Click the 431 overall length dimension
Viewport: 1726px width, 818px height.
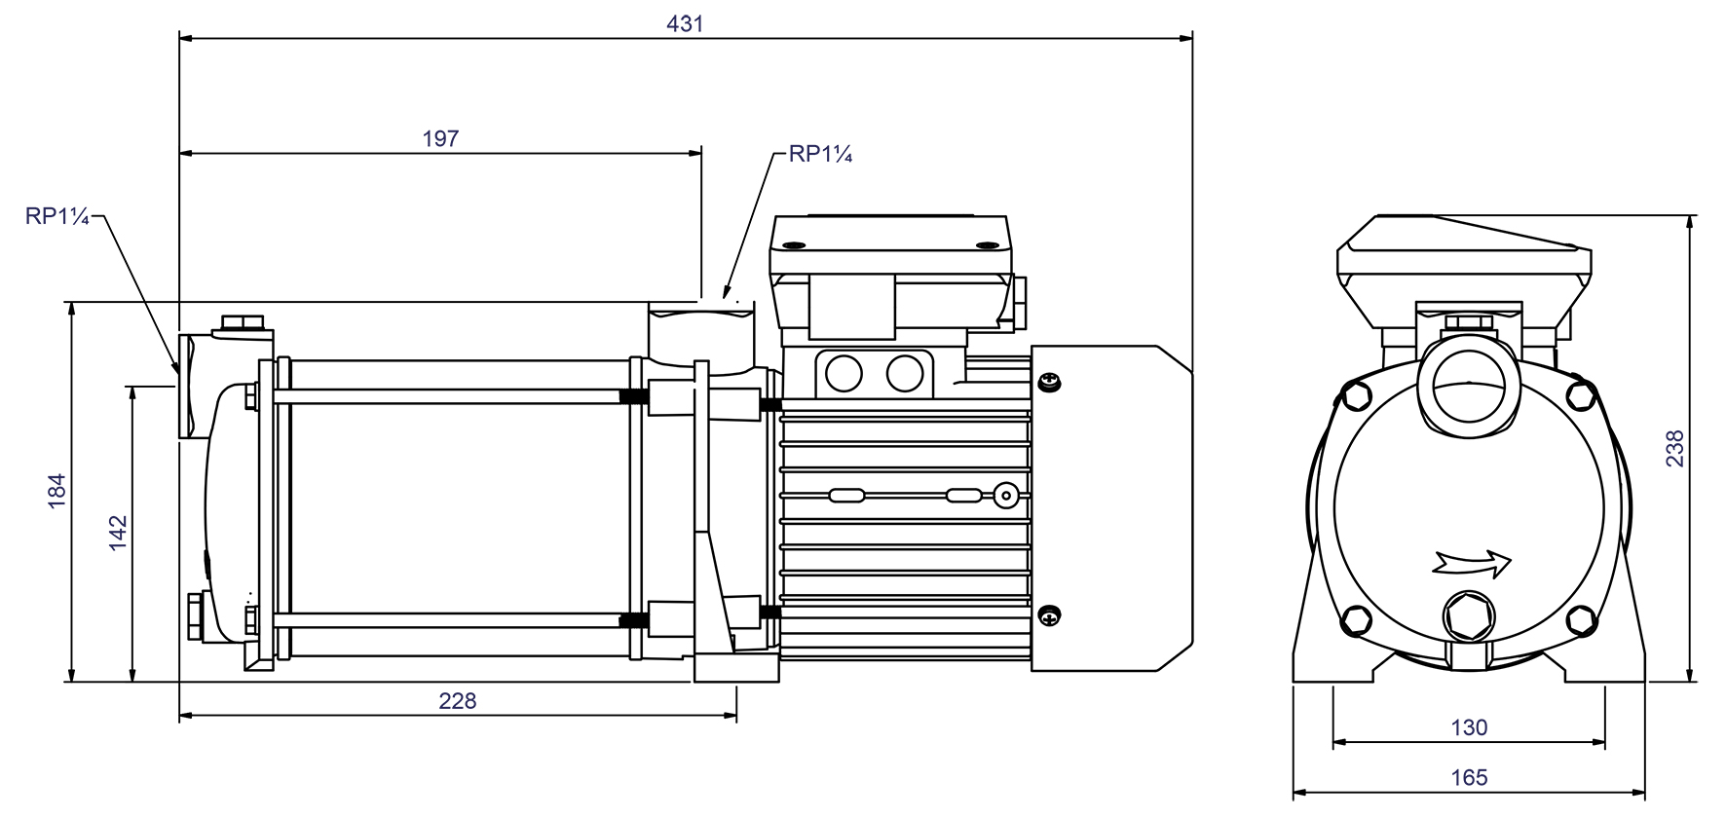pyautogui.click(x=685, y=23)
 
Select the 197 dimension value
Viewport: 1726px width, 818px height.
pyautogui.click(x=440, y=138)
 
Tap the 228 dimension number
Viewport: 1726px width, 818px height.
pyautogui.click(x=457, y=700)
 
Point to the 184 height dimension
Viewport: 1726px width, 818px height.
pyautogui.click(x=56, y=490)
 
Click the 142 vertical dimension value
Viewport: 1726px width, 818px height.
pyautogui.click(x=118, y=533)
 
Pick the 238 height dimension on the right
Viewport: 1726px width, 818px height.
pyautogui.click(x=1674, y=449)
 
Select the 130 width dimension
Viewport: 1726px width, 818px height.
pyautogui.click(x=1469, y=726)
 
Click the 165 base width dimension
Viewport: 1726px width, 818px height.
pyautogui.click(x=1469, y=777)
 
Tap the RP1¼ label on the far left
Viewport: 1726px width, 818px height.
pyautogui.click(x=56, y=216)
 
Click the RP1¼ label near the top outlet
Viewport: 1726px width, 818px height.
pyautogui.click(x=820, y=155)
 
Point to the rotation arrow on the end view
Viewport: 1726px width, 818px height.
pyautogui.click(x=1472, y=562)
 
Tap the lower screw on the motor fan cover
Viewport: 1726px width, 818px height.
pyautogui.click(x=1050, y=614)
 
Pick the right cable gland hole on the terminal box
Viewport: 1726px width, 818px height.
pyautogui.click(x=905, y=372)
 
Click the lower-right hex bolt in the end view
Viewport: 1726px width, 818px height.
pyautogui.click(x=1582, y=620)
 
